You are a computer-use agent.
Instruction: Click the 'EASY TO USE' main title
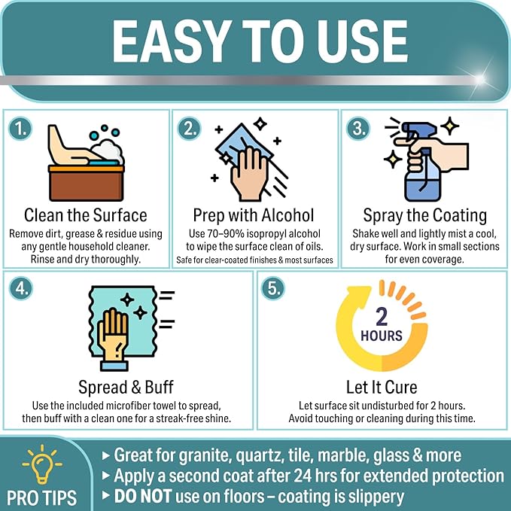[x=256, y=41]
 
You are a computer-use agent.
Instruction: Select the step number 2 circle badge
[x=189, y=129]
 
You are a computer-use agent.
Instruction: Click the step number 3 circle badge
[x=357, y=129]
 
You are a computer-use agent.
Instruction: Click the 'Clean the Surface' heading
[x=86, y=215]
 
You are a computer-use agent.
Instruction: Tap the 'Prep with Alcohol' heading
[x=254, y=215]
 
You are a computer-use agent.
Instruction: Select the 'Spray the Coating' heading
[x=424, y=215]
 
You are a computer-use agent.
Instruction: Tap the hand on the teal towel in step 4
[x=115, y=332]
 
